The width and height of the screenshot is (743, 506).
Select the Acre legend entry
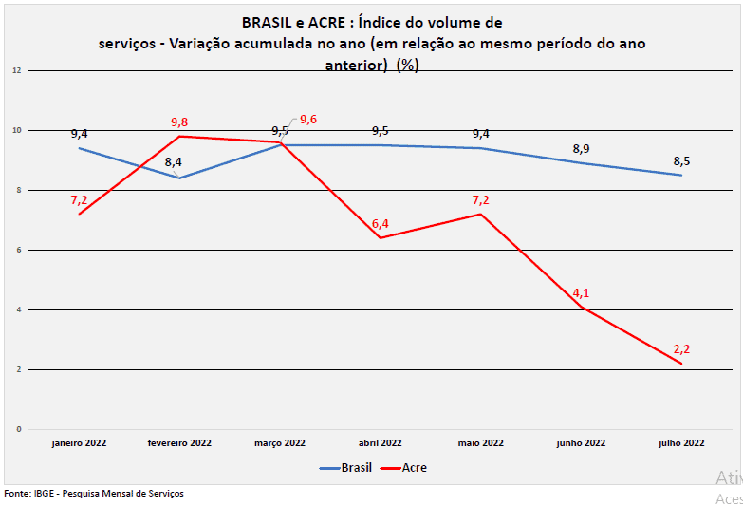(414, 468)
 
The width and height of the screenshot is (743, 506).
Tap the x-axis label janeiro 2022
(79, 442)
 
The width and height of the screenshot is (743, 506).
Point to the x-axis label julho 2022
(681, 442)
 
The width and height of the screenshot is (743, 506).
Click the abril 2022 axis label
(380, 442)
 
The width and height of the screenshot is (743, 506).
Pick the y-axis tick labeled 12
(16, 70)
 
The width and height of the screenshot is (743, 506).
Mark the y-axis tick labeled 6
(18, 250)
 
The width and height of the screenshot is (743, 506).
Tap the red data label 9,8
(179, 122)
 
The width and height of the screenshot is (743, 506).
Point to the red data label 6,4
(381, 224)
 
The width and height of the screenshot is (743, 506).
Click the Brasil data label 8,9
(581, 149)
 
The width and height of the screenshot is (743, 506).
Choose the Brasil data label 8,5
(681, 160)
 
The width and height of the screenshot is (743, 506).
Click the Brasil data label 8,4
(174, 162)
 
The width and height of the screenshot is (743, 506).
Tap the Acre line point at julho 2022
(681, 364)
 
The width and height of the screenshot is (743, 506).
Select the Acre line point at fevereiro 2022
(179, 136)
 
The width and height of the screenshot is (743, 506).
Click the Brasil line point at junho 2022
(581, 163)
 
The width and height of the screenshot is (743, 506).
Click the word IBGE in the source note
(43, 494)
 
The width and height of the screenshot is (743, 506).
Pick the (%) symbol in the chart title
(408, 66)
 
